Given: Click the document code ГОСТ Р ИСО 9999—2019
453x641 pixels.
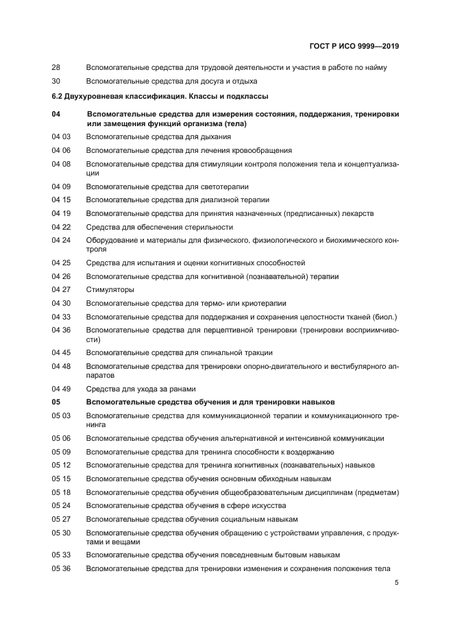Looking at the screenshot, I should tap(353, 47).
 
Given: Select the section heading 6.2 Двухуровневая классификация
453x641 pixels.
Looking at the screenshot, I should tap(160, 96).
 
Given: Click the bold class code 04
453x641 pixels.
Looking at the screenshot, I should tap(56, 114).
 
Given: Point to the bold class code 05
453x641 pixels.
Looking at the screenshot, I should tap(56, 402).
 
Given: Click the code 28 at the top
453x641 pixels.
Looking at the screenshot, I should tap(56, 67).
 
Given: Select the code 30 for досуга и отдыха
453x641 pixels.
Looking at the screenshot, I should tap(56, 81).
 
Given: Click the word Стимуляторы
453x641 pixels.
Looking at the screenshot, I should tap(110, 289).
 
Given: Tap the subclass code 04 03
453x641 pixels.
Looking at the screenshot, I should tap(61, 136).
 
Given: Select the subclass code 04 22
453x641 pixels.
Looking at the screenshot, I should tap(61, 227).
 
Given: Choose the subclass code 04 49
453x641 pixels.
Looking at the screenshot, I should tap(61, 389).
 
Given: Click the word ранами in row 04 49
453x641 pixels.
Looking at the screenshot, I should tap(183, 389).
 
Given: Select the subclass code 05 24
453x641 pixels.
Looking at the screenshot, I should tap(61, 505).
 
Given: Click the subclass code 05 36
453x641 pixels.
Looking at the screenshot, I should tap(61, 568).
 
